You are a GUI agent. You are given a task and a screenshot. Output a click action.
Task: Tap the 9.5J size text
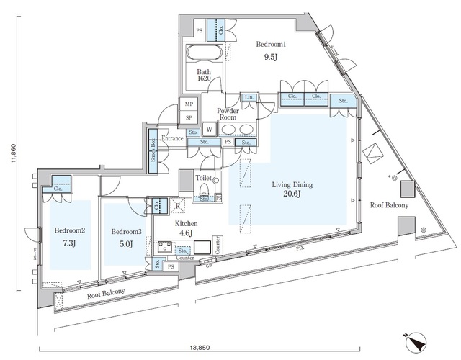(270, 58)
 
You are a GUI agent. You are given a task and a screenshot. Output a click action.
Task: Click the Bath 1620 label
(205, 76)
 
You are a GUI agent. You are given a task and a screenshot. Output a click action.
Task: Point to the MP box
(188, 104)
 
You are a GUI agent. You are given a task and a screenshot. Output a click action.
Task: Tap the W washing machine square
(208, 130)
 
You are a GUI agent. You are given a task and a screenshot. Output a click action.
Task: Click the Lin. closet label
(249, 97)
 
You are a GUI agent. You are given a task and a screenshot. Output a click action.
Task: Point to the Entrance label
(172, 138)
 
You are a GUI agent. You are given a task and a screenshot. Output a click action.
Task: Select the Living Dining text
(291, 184)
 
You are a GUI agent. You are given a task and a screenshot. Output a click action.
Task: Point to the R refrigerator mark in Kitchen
(178, 205)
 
